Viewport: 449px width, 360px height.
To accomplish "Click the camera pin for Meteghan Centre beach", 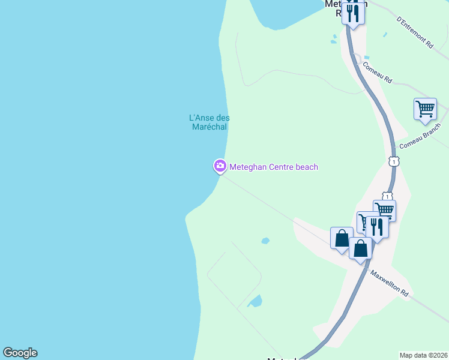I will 220,166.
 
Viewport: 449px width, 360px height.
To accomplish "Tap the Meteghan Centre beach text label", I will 274,167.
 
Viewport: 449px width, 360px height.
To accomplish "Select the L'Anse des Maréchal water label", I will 209,122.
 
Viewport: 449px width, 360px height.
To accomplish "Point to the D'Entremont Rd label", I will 415,32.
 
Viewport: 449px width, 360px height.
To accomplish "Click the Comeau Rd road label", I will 377,71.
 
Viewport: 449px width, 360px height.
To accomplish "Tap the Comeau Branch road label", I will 420,137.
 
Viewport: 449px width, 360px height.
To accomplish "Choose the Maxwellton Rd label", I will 390,284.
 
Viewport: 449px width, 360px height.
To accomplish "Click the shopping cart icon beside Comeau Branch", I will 425,109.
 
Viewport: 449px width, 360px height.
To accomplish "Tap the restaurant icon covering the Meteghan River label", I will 353,13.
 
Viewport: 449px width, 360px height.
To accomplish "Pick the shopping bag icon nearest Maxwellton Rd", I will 360,248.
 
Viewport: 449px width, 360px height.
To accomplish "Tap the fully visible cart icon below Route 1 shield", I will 385,210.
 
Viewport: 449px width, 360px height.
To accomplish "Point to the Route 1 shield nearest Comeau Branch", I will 394,161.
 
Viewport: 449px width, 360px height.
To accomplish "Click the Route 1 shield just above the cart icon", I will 388,196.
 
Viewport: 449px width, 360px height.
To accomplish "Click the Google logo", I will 20,353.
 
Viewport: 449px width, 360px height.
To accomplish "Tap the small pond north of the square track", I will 265,241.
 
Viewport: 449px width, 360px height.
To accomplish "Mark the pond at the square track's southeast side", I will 255,301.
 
